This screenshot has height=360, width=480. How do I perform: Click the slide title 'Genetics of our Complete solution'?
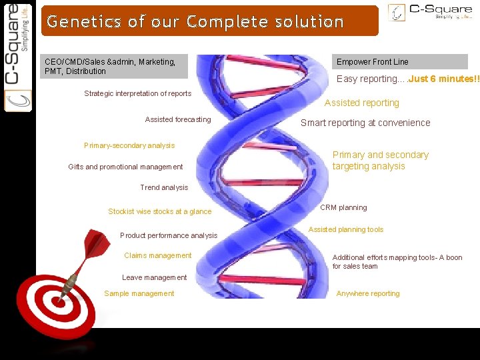tap(195, 21)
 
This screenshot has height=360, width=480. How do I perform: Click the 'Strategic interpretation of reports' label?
tap(137, 93)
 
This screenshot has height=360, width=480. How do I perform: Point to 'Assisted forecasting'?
tap(178, 119)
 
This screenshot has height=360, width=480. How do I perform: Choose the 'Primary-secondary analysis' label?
tap(129, 145)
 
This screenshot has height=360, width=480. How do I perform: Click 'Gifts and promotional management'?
tap(125, 167)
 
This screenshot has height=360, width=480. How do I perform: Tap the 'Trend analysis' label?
tap(164, 187)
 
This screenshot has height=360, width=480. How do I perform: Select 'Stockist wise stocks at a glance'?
tap(159, 211)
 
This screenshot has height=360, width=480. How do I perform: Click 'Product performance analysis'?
tap(169, 235)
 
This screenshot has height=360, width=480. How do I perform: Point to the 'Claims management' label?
tap(158, 255)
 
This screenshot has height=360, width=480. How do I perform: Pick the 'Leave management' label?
tap(155, 277)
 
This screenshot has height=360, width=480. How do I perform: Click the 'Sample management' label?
tap(139, 293)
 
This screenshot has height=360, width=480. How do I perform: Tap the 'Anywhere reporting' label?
tap(368, 293)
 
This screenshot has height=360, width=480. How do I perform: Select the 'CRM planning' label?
tap(343, 207)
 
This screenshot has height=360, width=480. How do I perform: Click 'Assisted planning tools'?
tap(346, 229)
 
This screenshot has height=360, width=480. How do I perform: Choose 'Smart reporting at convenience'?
tap(365, 123)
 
